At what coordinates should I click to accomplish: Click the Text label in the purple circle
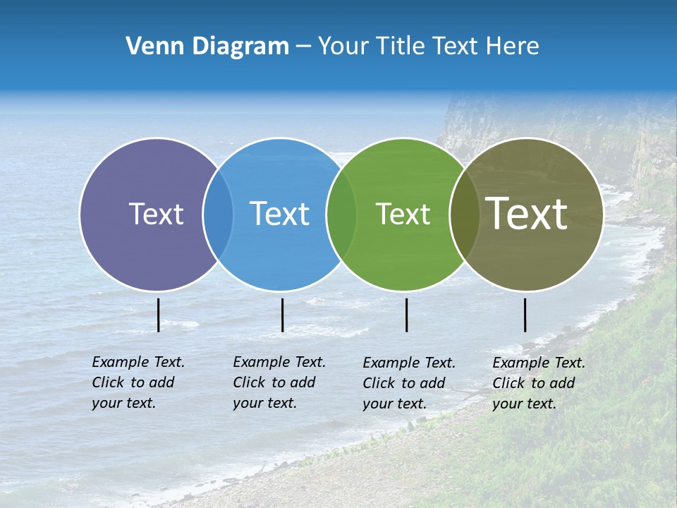[x=156, y=214]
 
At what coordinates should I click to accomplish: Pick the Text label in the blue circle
[x=279, y=214]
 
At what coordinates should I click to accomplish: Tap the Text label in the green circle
[x=403, y=214]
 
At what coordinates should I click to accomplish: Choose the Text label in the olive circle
[x=527, y=214]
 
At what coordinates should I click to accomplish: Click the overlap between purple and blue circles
[x=218, y=214]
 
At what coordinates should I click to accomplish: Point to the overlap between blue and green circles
[x=341, y=214]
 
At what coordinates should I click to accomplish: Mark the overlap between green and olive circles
[x=464, y=214]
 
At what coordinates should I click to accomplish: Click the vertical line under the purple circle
[x=158, y=315]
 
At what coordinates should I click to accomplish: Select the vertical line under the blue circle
[x=282, y=315]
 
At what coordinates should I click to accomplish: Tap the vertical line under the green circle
[x=406, y=315]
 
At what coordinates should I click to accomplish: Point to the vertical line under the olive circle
[x=525, y=315]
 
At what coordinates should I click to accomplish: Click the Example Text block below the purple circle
[x=138, y=382]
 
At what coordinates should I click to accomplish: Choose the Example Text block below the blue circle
[x=279, y=382]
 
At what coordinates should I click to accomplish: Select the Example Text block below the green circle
[x=408, y=383]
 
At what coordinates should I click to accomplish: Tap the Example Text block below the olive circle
[x=538, y=383]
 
